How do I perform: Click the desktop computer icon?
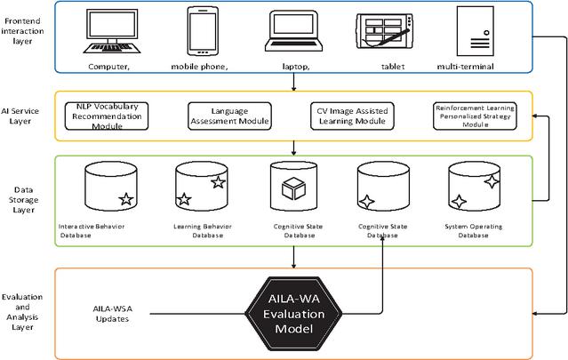[112, 31]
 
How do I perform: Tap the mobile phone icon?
[203, 31]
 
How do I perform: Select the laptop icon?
[294, 31]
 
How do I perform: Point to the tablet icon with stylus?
[385, 31]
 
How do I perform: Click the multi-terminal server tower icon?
[476, 31]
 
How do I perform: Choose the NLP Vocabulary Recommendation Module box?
[107, 116]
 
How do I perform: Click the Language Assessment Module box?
[229, 116]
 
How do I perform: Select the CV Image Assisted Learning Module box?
[353, 116]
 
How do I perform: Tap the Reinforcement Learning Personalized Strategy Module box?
[475, 116]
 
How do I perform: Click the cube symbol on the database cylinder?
[294, 188]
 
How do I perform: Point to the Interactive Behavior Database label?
[91, 231]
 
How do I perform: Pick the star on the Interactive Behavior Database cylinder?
[126, 199]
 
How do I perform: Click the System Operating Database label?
[474, 231]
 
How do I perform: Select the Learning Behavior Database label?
[203, 231]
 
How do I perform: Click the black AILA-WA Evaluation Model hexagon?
[294, 314]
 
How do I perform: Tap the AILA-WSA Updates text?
[113, 314]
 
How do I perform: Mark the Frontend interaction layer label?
[22, 31]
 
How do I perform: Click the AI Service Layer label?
[20, 116]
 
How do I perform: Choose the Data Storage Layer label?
[23, 200]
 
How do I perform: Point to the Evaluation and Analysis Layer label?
[22, 312]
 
